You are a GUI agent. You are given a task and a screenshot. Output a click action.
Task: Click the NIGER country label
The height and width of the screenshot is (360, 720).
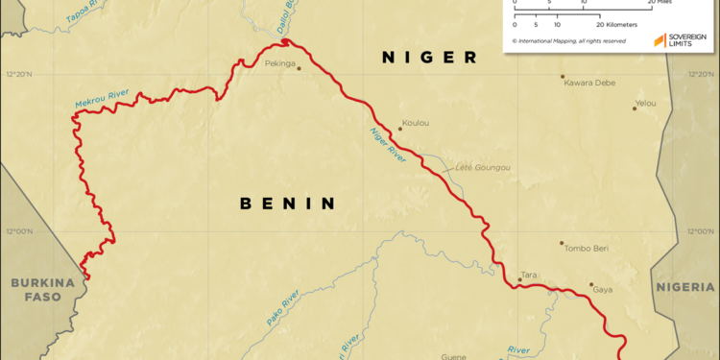[x=429, y=58]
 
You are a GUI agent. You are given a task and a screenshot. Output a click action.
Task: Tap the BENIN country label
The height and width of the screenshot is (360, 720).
[x=287, y=204]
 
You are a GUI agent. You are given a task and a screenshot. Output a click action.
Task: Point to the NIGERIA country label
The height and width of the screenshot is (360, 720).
[x=686, y=287]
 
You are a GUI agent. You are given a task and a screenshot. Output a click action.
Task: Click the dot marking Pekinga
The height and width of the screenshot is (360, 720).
[x=299, y=68]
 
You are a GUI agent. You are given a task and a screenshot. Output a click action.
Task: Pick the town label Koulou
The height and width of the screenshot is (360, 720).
[x=416, y=122]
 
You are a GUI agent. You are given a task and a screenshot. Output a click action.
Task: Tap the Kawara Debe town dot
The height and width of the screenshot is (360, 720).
[x=563, y=77]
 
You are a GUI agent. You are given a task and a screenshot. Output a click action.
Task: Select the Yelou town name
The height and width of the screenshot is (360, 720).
[x=645, y=102]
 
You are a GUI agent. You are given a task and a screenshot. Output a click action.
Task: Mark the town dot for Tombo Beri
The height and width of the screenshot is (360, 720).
[x=563, y=243]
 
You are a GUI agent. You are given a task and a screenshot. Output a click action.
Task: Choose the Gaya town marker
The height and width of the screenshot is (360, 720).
[x=591, y=284]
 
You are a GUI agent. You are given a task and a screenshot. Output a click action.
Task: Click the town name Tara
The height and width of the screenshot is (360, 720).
[x=527, y=275]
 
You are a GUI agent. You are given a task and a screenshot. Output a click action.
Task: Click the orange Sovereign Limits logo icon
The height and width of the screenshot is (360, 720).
[x=660, y=40]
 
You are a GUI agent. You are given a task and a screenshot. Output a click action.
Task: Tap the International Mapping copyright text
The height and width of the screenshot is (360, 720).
[x=569, y=41]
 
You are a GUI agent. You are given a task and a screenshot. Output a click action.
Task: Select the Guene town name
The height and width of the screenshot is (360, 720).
[x=453, y=356]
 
